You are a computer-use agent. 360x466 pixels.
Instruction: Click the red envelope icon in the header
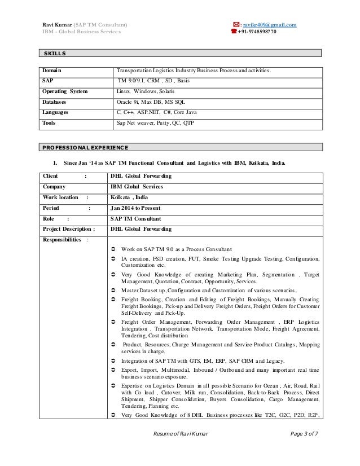coord(235,24)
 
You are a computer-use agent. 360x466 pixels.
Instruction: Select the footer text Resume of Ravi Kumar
coord(181,447)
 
